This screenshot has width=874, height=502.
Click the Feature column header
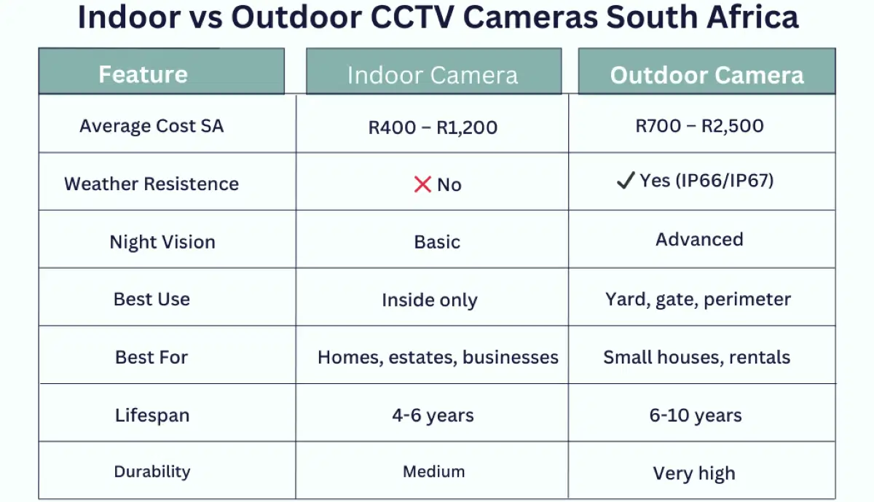[x=143, y=74]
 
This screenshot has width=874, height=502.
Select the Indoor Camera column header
[x=433, y=75]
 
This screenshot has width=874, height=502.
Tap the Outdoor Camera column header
[x=706, y=75]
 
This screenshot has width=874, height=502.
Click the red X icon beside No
[x=422, y=184]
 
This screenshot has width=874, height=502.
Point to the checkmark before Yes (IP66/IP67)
[x=625, y=181]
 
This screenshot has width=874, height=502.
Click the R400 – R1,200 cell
[x=433, y=128]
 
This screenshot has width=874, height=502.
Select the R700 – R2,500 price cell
[x=699, y=125]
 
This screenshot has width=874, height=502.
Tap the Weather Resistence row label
[x=151, y=184]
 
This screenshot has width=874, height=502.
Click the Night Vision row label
[x=162, y=242]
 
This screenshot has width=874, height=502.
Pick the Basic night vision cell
[x=437, y=242]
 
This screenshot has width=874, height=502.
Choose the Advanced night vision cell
[x=699, y=240]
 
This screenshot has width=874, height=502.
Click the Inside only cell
[x=430, y=300]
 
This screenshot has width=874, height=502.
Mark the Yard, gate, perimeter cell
[x=698, y=299]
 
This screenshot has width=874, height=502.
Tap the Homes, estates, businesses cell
[x=438, y=358]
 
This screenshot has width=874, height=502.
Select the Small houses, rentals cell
[x=696, y=358]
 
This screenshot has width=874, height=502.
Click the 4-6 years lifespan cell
[x=433, y=415]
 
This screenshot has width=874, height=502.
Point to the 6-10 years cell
[x=696, y=415]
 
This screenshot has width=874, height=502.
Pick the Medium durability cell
[x=434, y=471]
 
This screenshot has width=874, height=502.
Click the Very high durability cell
[x=694, y=474]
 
